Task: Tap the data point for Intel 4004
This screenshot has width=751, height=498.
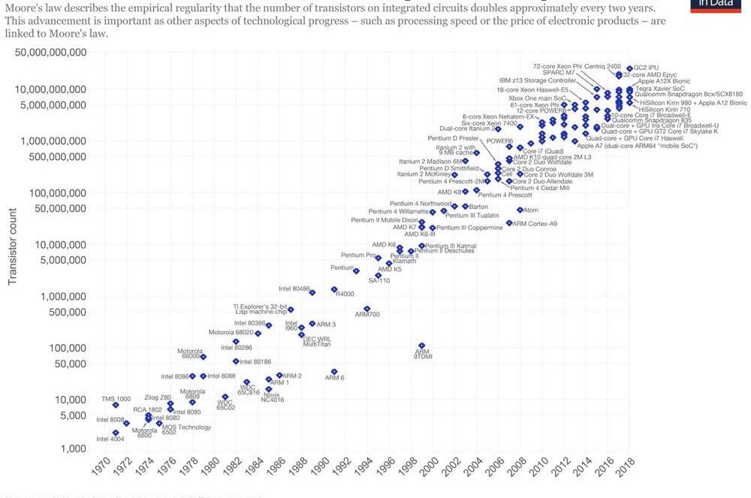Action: point(116,433)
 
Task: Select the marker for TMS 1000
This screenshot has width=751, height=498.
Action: point(116,405)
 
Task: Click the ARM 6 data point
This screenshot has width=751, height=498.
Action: point(334,372)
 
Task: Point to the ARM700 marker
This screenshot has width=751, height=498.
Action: point(366,309)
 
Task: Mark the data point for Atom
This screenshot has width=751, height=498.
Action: point(520,210)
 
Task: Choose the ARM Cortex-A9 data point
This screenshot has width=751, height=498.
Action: point(509,223)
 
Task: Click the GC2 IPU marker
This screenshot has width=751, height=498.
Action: point(629,68)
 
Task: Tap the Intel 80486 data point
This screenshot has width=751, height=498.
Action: point(312,291)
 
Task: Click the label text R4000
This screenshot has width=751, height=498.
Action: point(345,294)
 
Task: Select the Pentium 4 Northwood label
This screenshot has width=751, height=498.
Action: point(421,204)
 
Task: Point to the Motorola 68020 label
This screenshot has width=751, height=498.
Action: point(231,332)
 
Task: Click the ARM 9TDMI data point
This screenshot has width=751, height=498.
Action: point(422,346)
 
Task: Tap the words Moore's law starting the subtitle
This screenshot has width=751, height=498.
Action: point(27,8)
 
